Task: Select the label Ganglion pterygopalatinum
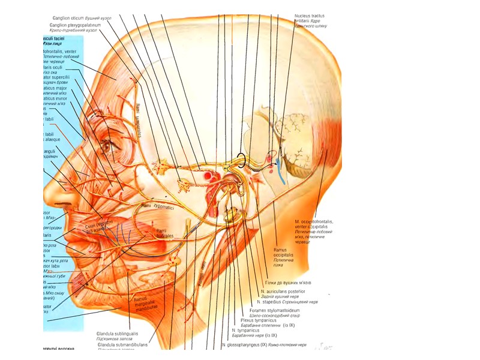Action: (x=76, y=26)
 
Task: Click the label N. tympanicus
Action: (x=245, y=331)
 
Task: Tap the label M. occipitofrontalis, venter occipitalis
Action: (x=315, y=226)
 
